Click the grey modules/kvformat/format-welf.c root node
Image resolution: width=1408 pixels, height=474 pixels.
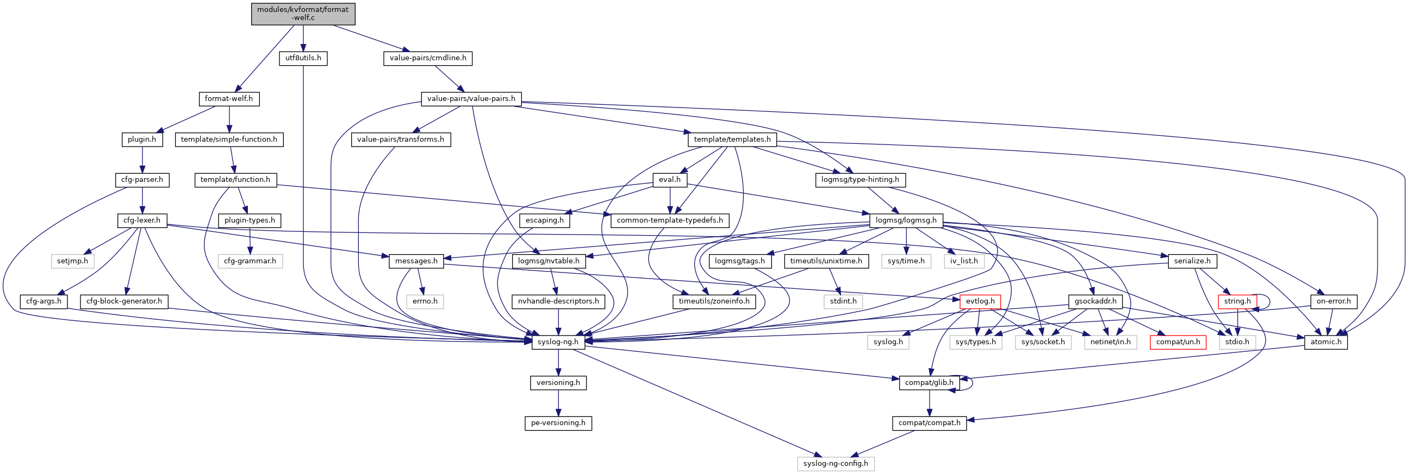click(x=303, y=14)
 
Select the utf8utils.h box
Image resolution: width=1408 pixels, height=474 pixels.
click(x=303, y=58)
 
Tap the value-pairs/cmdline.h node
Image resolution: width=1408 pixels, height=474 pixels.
click(x=427, y=58)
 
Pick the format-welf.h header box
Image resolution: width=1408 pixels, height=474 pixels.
click(x=228, y=99)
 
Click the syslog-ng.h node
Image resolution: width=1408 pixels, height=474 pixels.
click(x=558, y=342)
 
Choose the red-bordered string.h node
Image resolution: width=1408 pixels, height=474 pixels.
click(x=1237, y=301)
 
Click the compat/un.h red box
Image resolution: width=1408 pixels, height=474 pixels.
click(x=1178, y=342)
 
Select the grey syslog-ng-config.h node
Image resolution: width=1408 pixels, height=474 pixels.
click(x=835, y=464)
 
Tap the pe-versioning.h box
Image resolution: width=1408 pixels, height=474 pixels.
click(x=558, y=423)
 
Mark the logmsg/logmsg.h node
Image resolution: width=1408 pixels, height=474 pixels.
click(x=906, y=220)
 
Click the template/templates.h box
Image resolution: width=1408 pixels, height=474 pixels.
click(x=732, y=140)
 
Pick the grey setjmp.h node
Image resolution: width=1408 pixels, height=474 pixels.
click(x=73, y=261)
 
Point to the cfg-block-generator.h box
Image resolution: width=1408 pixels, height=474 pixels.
click(x=124, y=301)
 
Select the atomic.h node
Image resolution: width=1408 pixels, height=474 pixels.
click(x=1325, y=342)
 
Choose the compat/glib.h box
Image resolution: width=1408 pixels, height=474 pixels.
click(x=929, y=383)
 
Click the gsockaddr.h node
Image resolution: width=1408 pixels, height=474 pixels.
click(x=1095, y=301)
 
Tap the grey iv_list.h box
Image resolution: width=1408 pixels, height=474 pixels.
click(x=964, y=261)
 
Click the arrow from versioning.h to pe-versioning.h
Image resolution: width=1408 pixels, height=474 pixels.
click(x=558, y=403)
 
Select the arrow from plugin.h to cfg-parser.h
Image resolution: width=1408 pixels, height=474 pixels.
click(x=142, y=160)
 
